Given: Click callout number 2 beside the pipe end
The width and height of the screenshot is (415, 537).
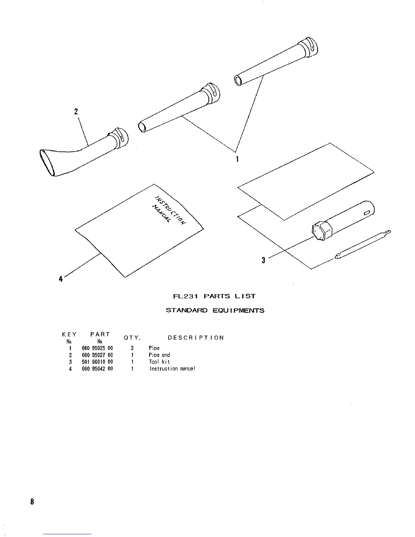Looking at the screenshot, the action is coord(76,111).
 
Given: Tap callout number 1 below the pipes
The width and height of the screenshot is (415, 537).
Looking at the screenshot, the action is coord(237,159).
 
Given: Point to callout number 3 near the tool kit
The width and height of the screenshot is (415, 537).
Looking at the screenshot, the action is coord(263,260).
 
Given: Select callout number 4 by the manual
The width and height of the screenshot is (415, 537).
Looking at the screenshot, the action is coord(61,279).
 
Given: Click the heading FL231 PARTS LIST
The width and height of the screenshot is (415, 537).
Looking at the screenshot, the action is coord(214,296).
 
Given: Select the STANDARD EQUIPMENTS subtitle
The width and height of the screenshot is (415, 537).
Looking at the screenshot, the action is coord(215,310).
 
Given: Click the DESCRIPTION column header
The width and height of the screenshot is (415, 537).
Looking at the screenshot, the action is coord(196,338).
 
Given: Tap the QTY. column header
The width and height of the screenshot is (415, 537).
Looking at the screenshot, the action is coord(132,338).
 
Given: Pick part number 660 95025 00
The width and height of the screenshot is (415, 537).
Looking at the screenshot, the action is coord(97,348).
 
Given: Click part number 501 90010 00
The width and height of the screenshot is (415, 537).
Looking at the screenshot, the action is coord(97,362).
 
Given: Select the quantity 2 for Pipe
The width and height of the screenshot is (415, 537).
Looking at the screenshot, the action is coord(132,348).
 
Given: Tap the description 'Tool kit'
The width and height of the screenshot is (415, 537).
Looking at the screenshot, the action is coord(159,362).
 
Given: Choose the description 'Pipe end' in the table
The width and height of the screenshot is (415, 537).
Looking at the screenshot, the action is coord(159,355).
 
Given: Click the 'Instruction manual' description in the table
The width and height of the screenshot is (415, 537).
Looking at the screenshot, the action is coord(172,369).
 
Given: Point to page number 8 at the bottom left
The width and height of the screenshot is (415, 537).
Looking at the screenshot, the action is coord(32,502).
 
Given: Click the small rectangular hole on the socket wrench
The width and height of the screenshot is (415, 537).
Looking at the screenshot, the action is coord(367,213).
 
